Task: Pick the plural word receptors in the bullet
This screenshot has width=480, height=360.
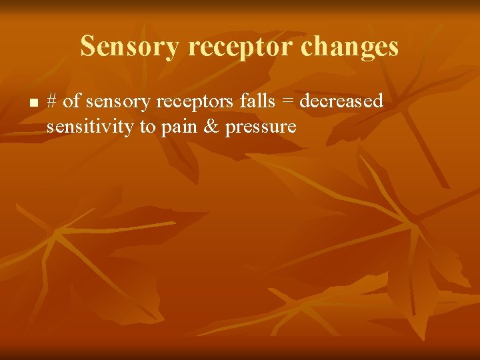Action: (x=193, y=102)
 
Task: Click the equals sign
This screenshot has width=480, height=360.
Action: (x=287, y=102)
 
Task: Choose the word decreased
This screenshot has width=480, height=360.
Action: (x=341, y=101)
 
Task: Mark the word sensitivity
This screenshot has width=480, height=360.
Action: (x=90, y=127)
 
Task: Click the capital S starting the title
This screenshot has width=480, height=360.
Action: (x=87, y=47)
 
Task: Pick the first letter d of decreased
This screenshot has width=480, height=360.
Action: (x=304, y=101)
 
